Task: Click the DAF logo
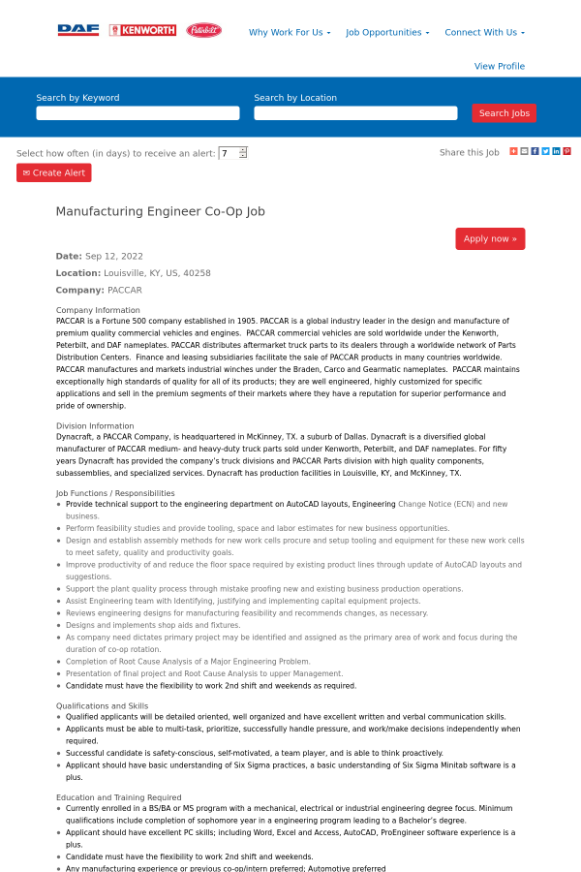pos(78,30)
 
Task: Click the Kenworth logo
pos(142,30)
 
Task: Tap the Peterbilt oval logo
pos(203,30)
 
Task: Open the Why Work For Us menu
pos(290,32)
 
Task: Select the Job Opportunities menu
pos(387,32)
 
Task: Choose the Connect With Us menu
pos(484,32)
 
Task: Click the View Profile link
pos(500,66)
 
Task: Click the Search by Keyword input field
pos(138,113)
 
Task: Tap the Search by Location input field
pos(355,113)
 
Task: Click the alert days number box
pos(229,153)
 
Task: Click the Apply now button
pos(490,238)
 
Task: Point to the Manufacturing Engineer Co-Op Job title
pos(160,211)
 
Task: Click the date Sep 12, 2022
pos(114,256)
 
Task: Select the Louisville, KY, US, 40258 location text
pos(157,273)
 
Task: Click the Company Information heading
pos(98,310)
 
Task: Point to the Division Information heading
pos(95,425)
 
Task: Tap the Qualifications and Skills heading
pos(102,705)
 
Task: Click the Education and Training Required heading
pos(117,796)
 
